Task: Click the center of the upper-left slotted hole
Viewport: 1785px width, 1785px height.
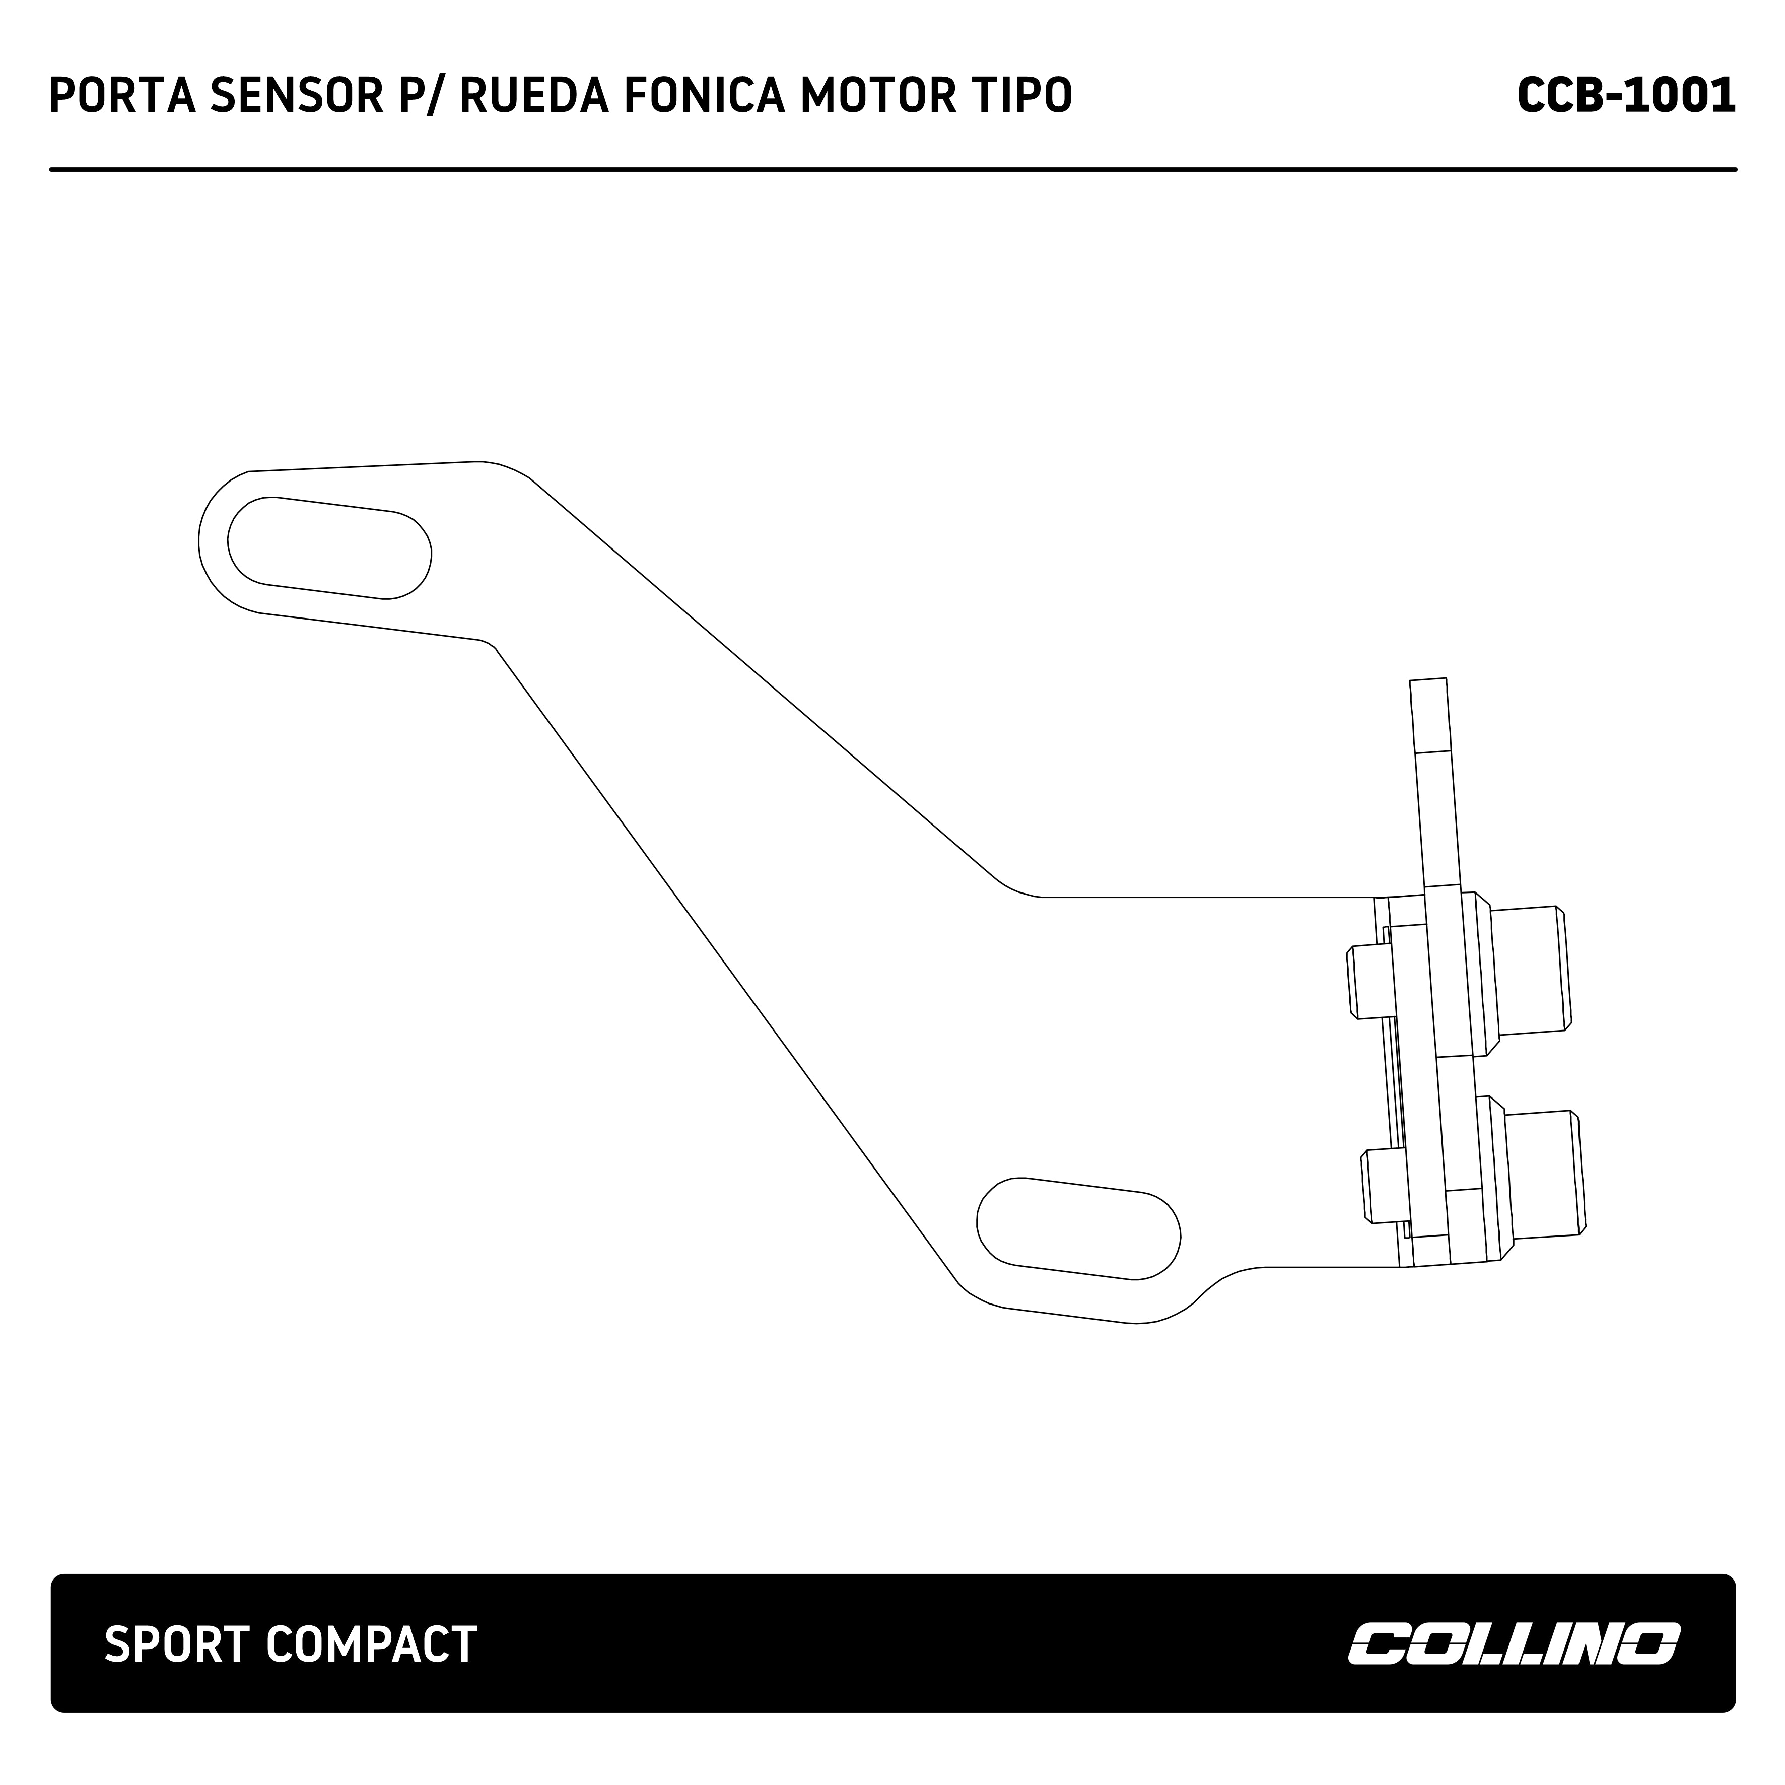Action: click(330, 548)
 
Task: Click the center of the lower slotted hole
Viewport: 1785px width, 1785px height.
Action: click(1078, 1229)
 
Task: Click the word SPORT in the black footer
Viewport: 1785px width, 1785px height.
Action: click(177, 1644)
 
